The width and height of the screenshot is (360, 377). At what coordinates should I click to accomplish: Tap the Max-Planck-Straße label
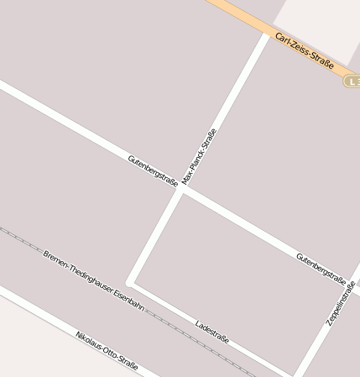click(199, 156)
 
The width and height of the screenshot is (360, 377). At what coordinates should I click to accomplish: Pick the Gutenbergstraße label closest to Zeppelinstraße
click(321, 268)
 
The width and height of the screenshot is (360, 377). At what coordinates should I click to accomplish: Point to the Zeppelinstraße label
click(342, 302)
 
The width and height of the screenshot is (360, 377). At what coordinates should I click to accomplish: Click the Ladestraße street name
click(211, 331)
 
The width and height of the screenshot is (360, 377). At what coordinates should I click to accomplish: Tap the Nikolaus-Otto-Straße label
click(107, 350)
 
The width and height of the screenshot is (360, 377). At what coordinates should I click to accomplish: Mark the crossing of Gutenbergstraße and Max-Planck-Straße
click(180, 189)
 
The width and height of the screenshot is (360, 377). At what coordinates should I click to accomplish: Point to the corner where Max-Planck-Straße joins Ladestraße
click(130, 283)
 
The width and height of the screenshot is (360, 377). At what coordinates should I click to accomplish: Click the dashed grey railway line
click(25, 239)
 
